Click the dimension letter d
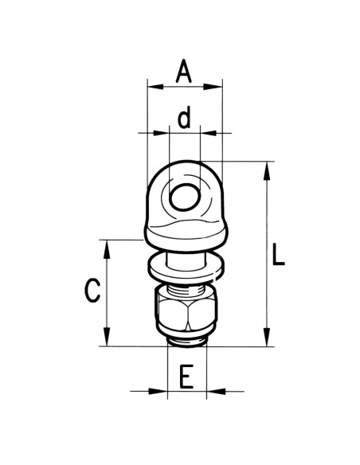[x=184, y=119]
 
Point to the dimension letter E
[x=186, y=377]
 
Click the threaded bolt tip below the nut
[x=186, y=341]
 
